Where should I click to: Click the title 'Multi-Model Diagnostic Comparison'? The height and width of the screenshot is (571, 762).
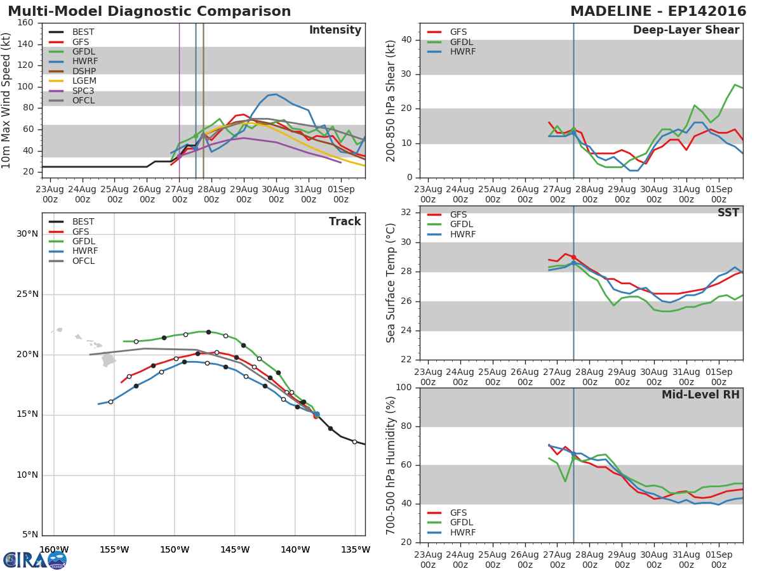click(149, 11)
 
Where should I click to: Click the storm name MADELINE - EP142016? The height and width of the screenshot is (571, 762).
click(656, 11)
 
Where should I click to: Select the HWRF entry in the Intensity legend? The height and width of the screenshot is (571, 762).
click(84, 62)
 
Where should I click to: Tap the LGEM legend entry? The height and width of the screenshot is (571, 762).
click(84, 81)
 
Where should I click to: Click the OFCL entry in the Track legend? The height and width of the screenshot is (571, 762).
click(83, 261)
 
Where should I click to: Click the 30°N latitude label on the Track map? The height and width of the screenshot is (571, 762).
click(27, 234)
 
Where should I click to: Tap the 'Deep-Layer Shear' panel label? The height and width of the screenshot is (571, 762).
click(686, 30)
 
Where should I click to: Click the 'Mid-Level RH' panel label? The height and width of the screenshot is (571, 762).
click(700, 395)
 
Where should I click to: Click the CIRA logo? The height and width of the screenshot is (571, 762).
click(34, 560)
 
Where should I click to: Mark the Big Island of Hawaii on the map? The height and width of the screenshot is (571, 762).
click(109, 360)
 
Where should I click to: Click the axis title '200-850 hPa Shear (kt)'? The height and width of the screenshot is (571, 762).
click(391, 100)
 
